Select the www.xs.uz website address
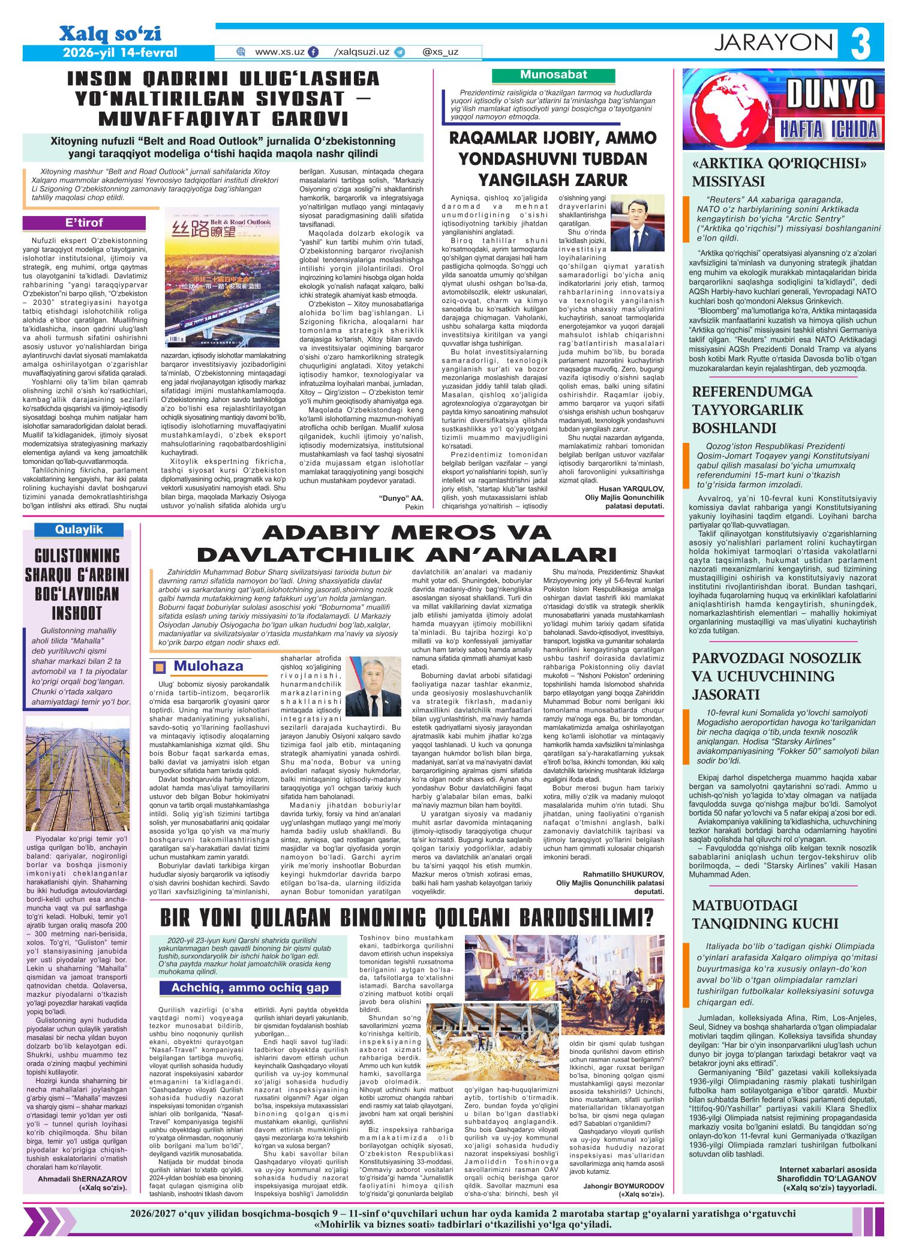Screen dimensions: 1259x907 [280, 52]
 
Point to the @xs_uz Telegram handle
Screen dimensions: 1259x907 [440, 52]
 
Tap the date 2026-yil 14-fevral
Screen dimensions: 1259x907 [120, 52]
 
